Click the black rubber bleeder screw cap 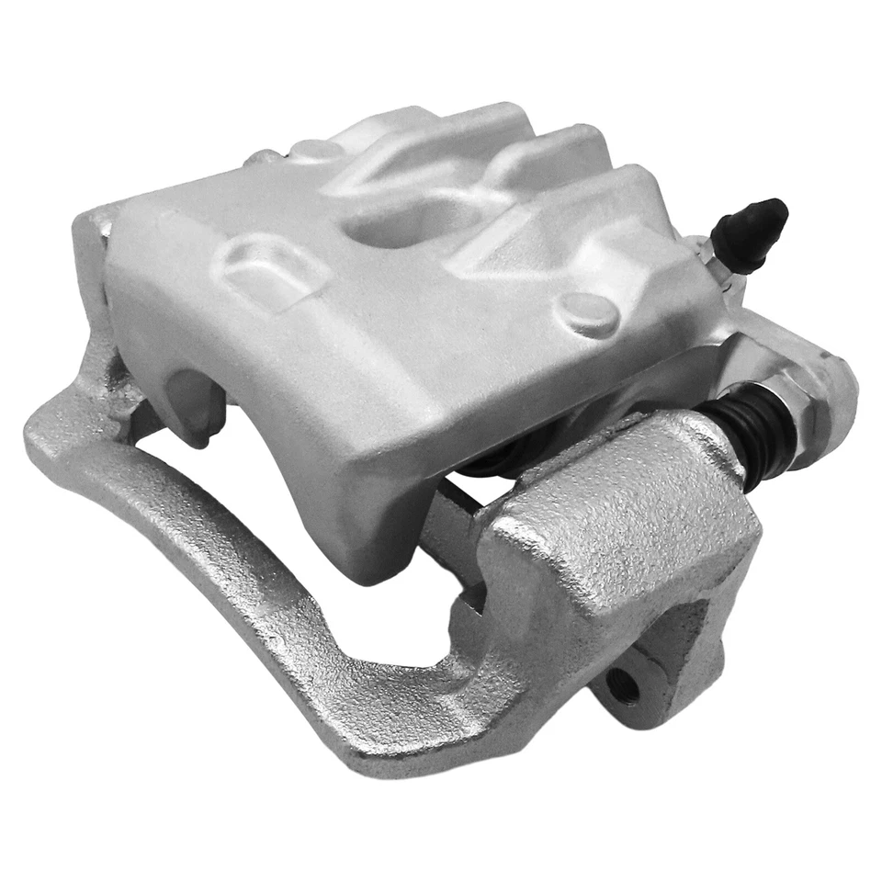752,233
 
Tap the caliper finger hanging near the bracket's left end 193,404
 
